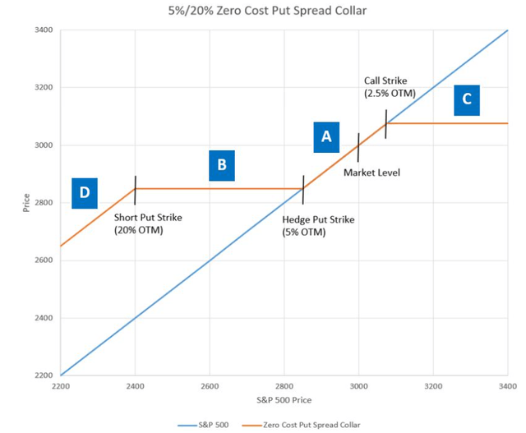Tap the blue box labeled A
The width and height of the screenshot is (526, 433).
click(x=326, y=137)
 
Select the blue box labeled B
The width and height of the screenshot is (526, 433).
click(x=222, y=165)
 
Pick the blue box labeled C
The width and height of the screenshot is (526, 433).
click(x=467, y=99)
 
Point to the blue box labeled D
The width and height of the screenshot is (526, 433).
click(x=85, y=193)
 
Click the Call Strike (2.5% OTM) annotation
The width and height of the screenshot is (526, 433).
click(x=391, y=87)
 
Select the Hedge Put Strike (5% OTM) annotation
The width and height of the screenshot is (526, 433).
click(x=318, y=226)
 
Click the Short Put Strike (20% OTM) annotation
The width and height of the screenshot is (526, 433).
click(x=148, y=223)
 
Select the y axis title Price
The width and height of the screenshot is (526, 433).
click(x=27, y=201)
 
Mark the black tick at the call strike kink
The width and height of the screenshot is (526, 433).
click(x=386, y=123)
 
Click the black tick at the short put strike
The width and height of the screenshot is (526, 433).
click(x=135, y=189)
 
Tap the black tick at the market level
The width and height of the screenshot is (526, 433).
click(x=358, y=146)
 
